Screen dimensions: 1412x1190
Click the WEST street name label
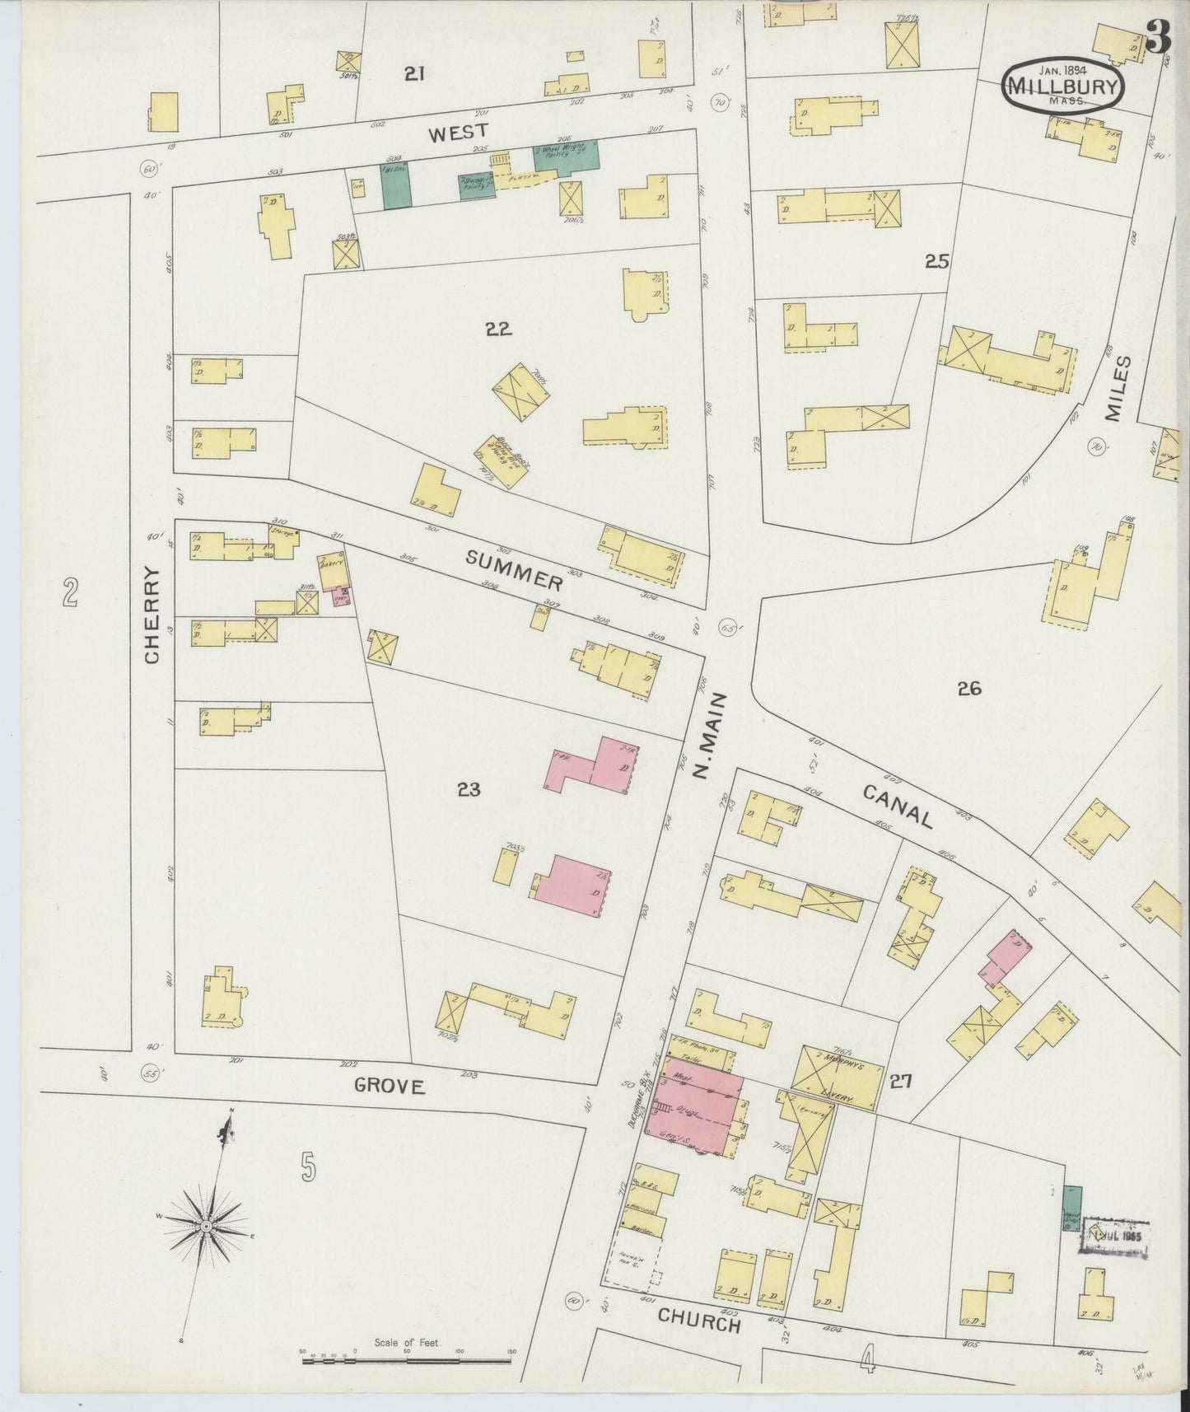coord(459,132)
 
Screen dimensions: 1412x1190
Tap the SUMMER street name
coord(515,571)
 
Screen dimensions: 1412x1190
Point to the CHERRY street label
coord(152,615)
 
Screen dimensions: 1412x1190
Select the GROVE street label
coord(390,1087)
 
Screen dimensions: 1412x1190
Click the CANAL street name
coord(898,807)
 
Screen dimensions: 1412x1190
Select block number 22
coord(498,330)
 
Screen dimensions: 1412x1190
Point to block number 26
coord(969,689)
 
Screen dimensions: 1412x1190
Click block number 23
coord(469,791)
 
